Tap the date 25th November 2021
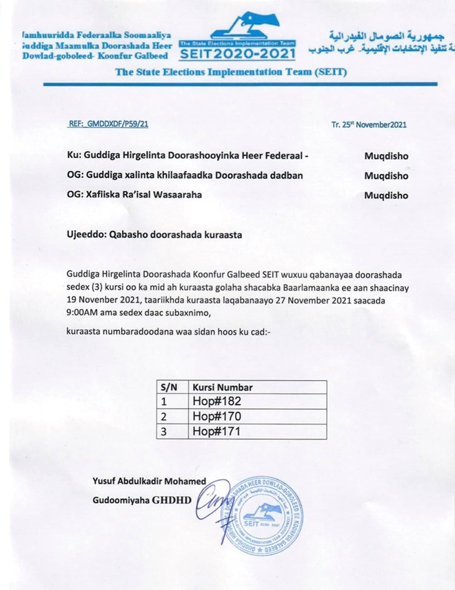(x=369, y=125)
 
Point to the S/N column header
(x=169, y=386)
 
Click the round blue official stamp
(x=261, y=514)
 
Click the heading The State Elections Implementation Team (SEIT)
(x=230, y=72)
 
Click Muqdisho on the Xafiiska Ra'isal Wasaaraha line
(x=385, y=195)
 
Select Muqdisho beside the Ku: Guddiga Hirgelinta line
(x=385, y=156)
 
